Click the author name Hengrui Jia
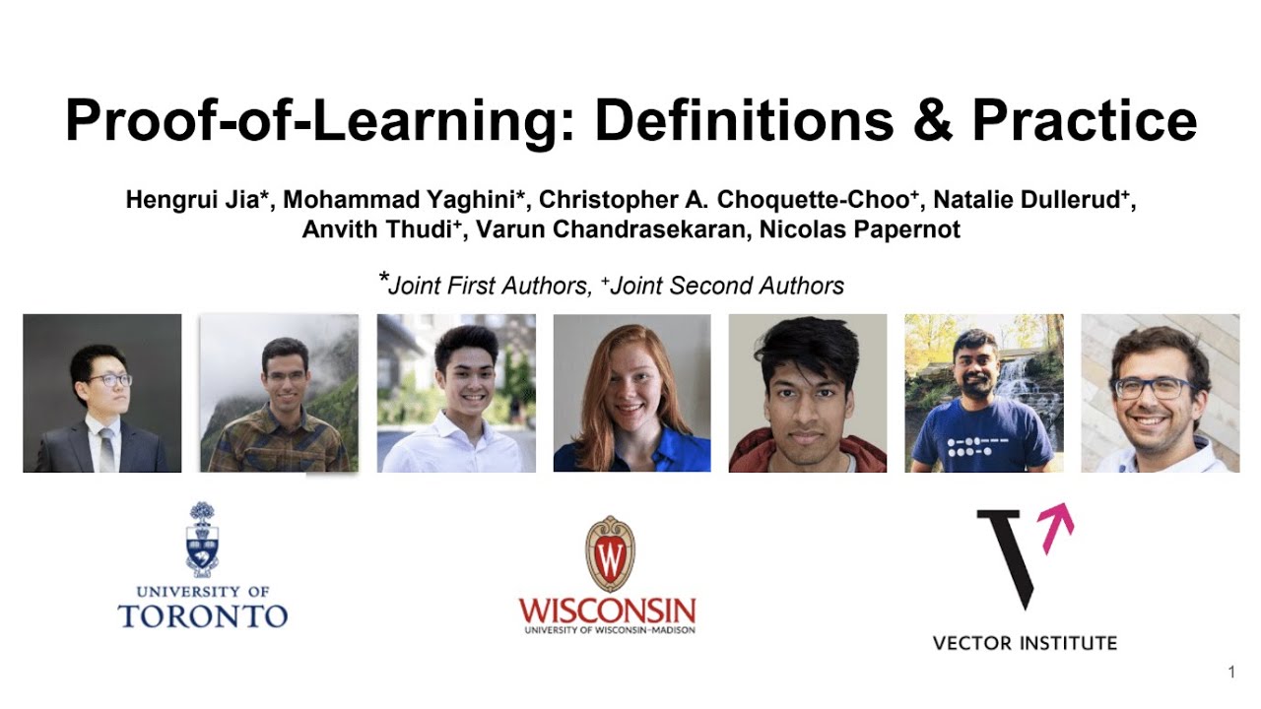pyautogui.click(x=197, y=201)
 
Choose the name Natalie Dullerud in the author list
pyautogui.click(x=1029, y=201)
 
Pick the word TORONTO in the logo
pyautogui.click(x=202, y=617)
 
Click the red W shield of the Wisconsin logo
pyautogui.click(x=610, y=553)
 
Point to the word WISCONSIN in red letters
pyautogui.click(x=607, y=609)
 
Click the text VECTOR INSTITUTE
pyautogui.click(x=1025, y=643)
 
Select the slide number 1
pyautogui.click(x=1231, y=673)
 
